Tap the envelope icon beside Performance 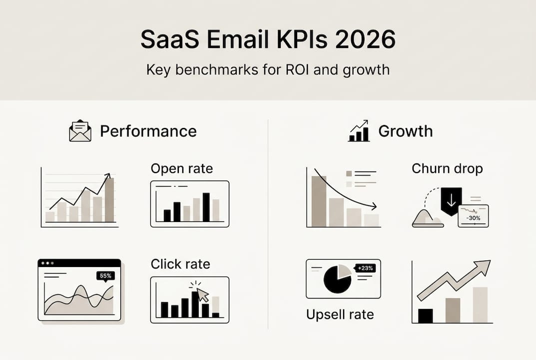80,131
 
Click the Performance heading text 148,131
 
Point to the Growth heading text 405,131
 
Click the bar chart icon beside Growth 359,131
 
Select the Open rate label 181,168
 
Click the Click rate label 180,264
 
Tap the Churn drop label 447,168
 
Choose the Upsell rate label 340,314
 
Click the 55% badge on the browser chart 105,275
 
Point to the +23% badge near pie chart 366,268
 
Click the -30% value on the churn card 473,218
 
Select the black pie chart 337,279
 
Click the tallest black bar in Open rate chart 206,206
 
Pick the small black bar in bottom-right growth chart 426,315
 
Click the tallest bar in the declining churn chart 319,201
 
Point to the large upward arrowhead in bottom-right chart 482,267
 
